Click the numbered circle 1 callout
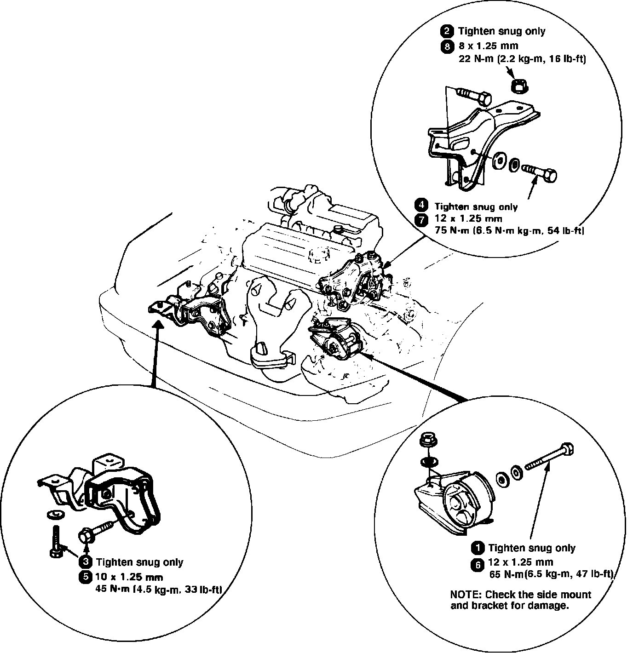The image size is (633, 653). [x=478, y=548]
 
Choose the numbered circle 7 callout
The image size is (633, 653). [x=421, y=219]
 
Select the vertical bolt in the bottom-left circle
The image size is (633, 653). [x=55, y=542]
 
